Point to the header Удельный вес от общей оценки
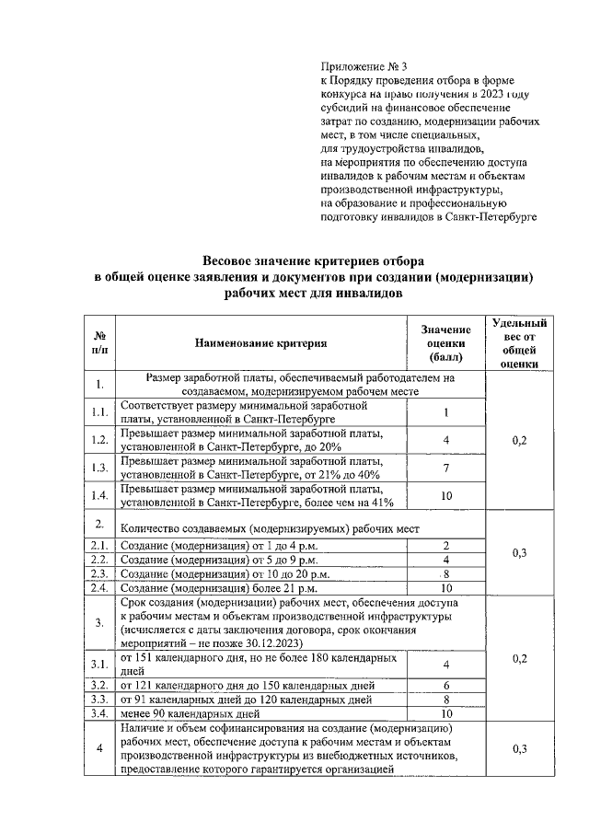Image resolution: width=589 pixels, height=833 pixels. click(520, 342)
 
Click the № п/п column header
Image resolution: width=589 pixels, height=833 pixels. click(99, 343)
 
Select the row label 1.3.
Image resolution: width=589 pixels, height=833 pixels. click(99, 468)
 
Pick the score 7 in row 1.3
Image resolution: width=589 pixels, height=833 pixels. click(445, 468)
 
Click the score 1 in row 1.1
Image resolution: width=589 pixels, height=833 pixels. click(445, 412)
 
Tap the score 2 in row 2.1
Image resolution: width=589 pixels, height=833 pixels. click(445, 546)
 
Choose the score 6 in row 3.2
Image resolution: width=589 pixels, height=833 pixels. click(445, 686)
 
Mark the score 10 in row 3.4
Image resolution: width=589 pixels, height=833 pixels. click(445, 712)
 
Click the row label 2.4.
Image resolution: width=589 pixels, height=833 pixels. click(99, 587)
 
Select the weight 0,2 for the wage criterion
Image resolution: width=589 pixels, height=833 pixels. click(520, 440)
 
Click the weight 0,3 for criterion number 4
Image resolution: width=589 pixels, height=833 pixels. click(520, 748)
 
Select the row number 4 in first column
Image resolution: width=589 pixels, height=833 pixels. click(99, 748)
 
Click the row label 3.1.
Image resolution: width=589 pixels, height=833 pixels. click(99, 665)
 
